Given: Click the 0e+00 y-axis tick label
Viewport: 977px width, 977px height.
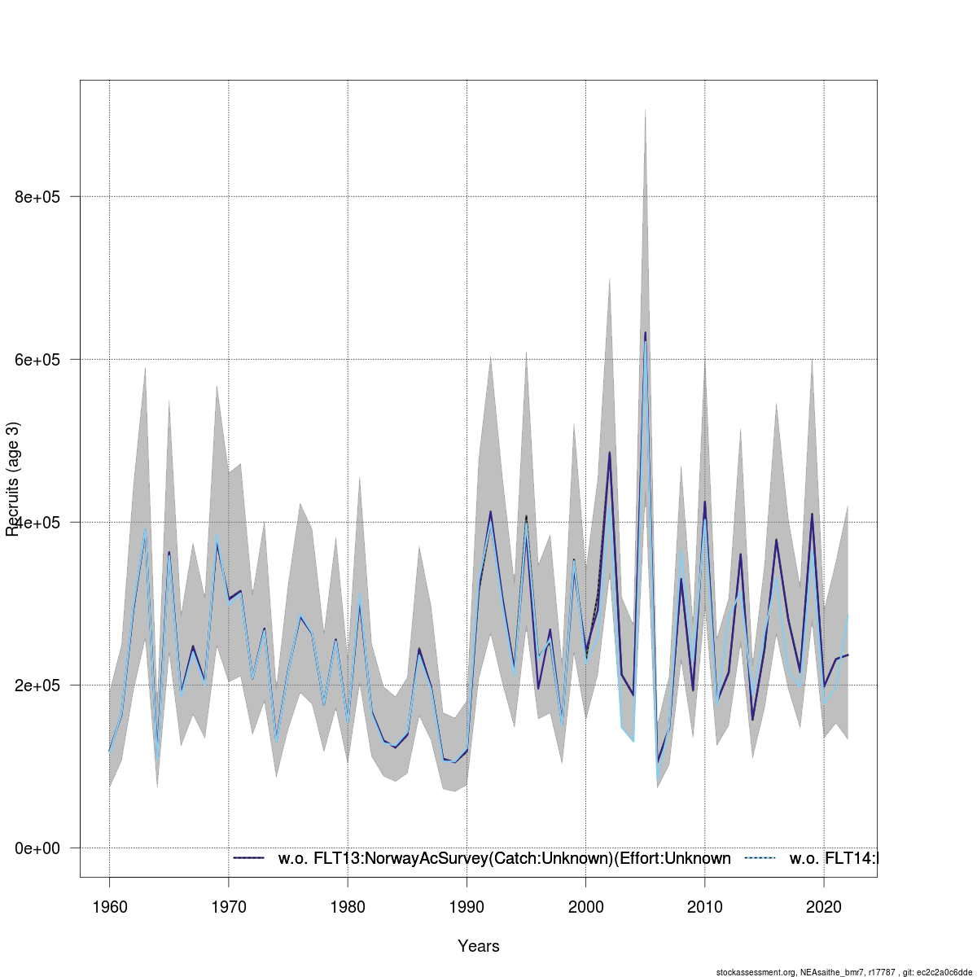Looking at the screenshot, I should (38, 848).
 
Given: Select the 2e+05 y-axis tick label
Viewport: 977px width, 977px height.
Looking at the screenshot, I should (38, 686).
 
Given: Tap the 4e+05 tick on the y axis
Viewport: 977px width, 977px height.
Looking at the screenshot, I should (38, 523).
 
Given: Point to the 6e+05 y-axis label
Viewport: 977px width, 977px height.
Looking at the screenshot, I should (38, 360).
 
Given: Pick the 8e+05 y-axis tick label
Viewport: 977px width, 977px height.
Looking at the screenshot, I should (38, 197).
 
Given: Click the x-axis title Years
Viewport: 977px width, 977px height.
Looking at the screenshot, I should (479, 946).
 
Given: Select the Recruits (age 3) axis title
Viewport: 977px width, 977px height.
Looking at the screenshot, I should (12, 479).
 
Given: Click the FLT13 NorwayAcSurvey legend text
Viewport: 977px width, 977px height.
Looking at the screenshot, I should (504, 858).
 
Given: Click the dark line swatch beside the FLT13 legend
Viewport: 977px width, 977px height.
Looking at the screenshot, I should (249, 858).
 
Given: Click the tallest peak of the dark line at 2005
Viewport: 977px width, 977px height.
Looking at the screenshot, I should (645, 332).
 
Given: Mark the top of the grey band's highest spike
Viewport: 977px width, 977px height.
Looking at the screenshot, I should (645, 109).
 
